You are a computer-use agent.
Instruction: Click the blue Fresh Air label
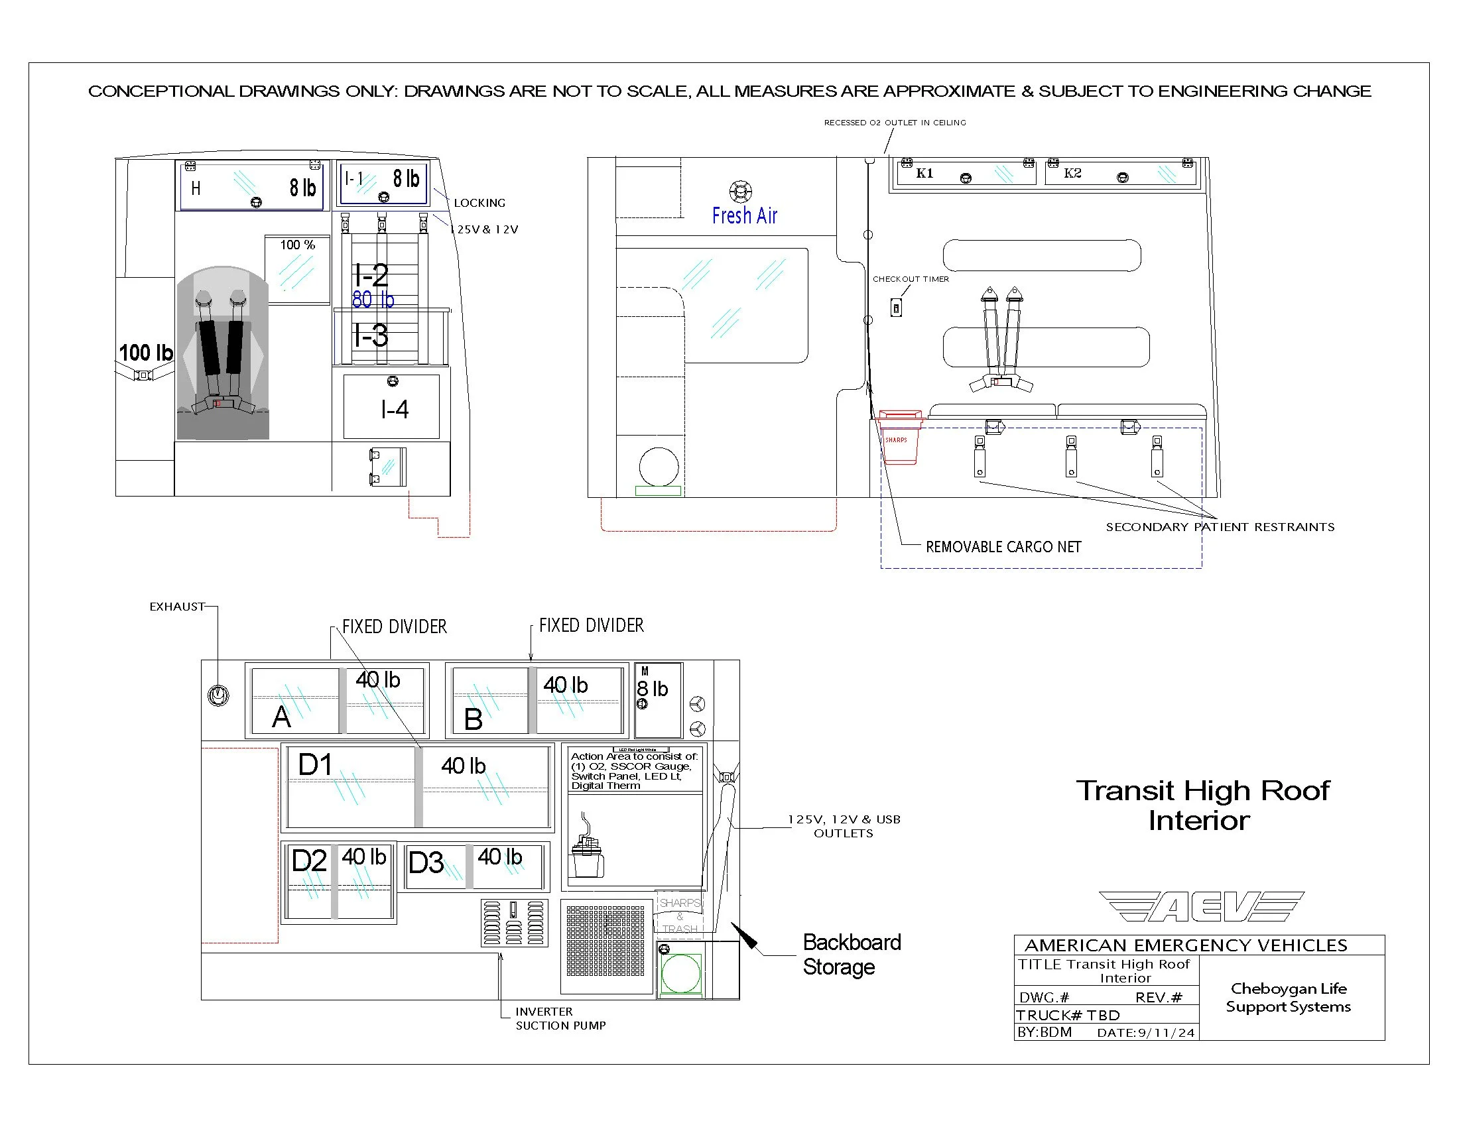pos(744,215)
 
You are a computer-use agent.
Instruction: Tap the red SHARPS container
pos(899,438)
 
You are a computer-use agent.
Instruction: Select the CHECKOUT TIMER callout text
pos(911,279)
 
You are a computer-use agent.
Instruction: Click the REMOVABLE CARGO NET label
pos(1003,547)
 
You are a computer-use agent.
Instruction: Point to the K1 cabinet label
pos(924,174)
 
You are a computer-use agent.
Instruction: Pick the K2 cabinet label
pos(1072,174)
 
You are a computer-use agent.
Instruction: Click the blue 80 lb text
pos(373,300)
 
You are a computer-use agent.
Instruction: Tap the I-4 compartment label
pos(394,409)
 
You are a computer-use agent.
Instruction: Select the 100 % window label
pos(297,245)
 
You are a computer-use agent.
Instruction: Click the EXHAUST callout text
pos(176,606)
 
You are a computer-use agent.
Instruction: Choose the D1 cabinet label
pos(314,764)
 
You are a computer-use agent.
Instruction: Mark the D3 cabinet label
pos(426,862)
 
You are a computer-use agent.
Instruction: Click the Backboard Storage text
pos(852,955)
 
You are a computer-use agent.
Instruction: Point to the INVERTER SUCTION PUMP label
pos(560,1019)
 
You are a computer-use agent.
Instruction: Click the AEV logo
pos(1200,907)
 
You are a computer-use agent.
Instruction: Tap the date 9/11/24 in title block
pos(1166,1033)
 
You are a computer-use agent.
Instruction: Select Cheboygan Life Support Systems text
pos(1288,998)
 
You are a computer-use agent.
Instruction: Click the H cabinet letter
pos(196,188)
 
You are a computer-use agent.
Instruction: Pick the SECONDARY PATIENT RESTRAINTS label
pos(1220,527)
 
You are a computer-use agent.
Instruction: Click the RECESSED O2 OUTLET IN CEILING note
pos(895,123)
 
